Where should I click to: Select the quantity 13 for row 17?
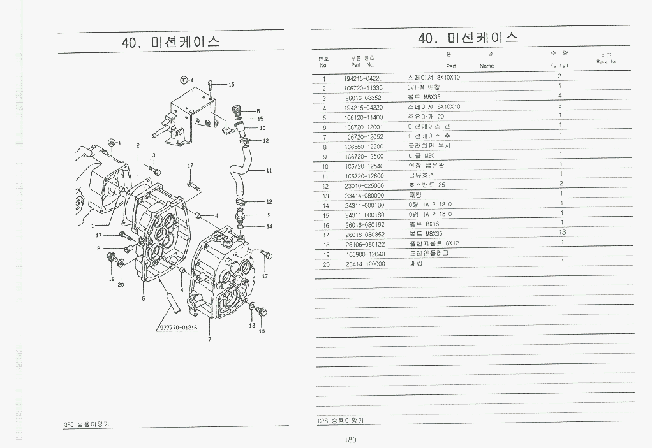tap(562, 233)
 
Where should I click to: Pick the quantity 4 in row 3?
tap(559, 96)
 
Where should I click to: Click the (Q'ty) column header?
tap(559, 66)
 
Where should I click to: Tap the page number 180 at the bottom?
tap(350, 440)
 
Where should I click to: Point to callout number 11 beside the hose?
tap(269, 171)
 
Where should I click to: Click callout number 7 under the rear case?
tap(209, 339)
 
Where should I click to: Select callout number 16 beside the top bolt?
tap(231, 85)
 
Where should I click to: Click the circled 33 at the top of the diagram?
tap(183, 80)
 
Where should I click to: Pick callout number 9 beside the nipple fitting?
tap(269, 215)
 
